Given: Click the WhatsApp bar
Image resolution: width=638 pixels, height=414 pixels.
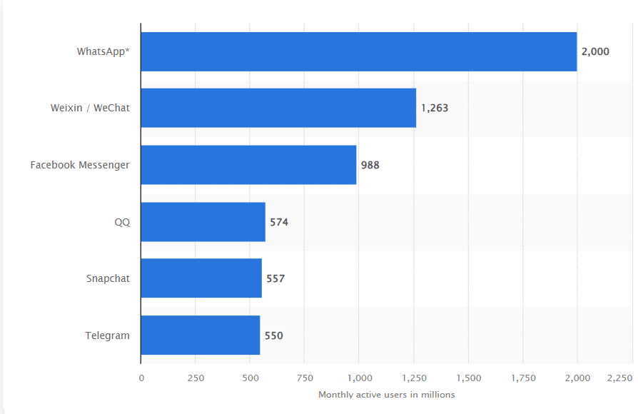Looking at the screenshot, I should [x=358, y=51].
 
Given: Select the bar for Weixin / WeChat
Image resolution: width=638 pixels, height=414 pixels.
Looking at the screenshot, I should [x=278, y=108].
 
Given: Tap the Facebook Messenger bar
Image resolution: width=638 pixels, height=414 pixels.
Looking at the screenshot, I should [x=248, y=165].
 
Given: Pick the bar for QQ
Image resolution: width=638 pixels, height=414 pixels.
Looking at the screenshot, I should [x=203, y=222].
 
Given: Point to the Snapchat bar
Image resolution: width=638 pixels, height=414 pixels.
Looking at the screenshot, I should [x=201, y=278].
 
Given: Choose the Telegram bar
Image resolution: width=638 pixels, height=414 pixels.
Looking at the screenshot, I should [x=200, y=335].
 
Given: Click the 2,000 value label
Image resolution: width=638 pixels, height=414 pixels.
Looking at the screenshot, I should [x=595, y=51].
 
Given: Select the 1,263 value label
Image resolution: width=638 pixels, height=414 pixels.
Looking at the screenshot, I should [x=435, y=108].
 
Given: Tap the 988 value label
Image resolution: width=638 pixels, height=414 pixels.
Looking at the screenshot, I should [x=370, y=165].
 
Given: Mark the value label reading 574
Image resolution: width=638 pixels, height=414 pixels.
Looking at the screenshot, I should [x=279, y=222].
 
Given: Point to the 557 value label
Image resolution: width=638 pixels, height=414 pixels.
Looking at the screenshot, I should [x=275, y=278].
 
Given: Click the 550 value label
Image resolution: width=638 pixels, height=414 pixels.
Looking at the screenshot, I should [x=273, y=335].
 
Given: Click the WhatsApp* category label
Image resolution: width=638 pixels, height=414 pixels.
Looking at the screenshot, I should [x=103, y=51].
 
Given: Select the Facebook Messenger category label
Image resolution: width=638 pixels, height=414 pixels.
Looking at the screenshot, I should [x=80, y=165].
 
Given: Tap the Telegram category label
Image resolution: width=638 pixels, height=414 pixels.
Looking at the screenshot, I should [x=108, y=335].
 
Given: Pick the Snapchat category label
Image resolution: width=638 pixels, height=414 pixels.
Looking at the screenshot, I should [x=108, y=278].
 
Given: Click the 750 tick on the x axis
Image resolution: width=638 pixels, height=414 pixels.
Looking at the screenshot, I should [x=305, y=378].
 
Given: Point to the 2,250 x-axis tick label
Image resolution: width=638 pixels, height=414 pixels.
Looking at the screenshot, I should [x=620, y=378].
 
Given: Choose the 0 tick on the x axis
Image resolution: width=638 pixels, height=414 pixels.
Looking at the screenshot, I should [x=141, y=378].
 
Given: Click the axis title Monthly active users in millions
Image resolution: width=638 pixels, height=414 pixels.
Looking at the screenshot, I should [x=386, y=395].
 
